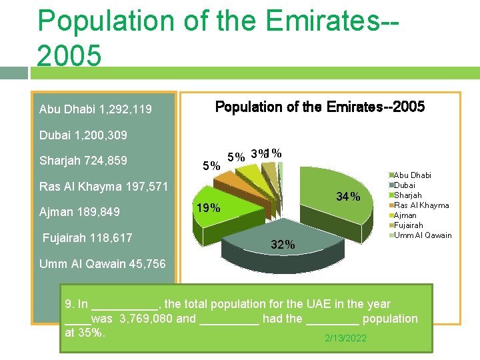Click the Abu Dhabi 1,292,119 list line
coord(95,109)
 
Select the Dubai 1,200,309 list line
coord(83,135)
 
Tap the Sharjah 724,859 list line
coord(83,161)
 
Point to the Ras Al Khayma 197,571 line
coord(103,186)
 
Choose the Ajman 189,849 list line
coord(79,212)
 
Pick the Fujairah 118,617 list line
coord(87,237)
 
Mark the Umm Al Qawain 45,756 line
coord(102,263)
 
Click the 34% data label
coord(348,197)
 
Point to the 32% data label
coord(283,245)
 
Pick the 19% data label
coord(208,207)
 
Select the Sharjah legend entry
coord(409,195)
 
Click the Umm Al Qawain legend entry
coord(423,235)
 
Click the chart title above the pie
coord(319,107)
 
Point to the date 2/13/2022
coord(345,338)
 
